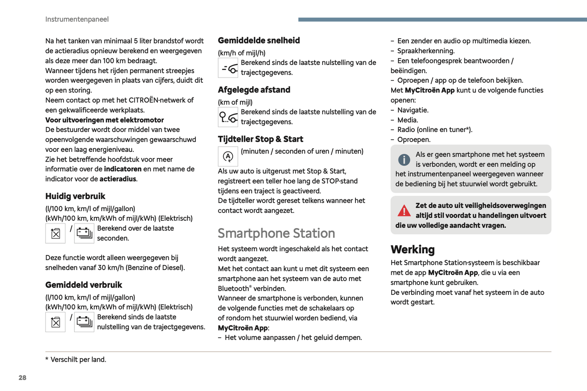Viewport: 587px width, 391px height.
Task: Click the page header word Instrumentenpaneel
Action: coord(77,19)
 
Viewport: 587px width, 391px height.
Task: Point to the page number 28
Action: coord(22,378)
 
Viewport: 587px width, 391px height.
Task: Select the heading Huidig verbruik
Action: coord(75,197)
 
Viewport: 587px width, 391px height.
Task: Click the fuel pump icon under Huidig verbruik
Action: coord(55,233)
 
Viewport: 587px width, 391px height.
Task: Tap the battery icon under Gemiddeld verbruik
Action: coord(84,322)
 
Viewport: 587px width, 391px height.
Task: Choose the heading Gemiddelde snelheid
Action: coord(259,41)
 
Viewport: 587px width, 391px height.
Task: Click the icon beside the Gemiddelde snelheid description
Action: coord(228,68)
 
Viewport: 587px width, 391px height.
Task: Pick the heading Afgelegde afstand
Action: coord(254,90)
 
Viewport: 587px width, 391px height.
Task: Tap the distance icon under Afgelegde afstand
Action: coord(228,117)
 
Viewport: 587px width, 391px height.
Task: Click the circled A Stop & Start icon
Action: coord(228,156)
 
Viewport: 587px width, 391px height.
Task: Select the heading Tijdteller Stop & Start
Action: coord(260,139)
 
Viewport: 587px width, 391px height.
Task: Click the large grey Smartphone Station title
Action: coord(276,233)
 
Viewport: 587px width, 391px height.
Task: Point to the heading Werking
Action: coord(412,249)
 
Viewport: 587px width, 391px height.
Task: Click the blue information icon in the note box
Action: coord(404,160)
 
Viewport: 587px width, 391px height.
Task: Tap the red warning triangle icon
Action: coord(404,211)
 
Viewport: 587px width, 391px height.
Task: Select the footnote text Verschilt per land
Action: coord(78,360)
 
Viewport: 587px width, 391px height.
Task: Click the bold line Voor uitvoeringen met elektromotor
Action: coord(104,120)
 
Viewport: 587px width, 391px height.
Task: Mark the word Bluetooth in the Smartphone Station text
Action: coord(234,289)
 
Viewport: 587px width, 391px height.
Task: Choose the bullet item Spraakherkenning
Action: coord(426,51)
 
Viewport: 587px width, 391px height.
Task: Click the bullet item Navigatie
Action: coord(413,110)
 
